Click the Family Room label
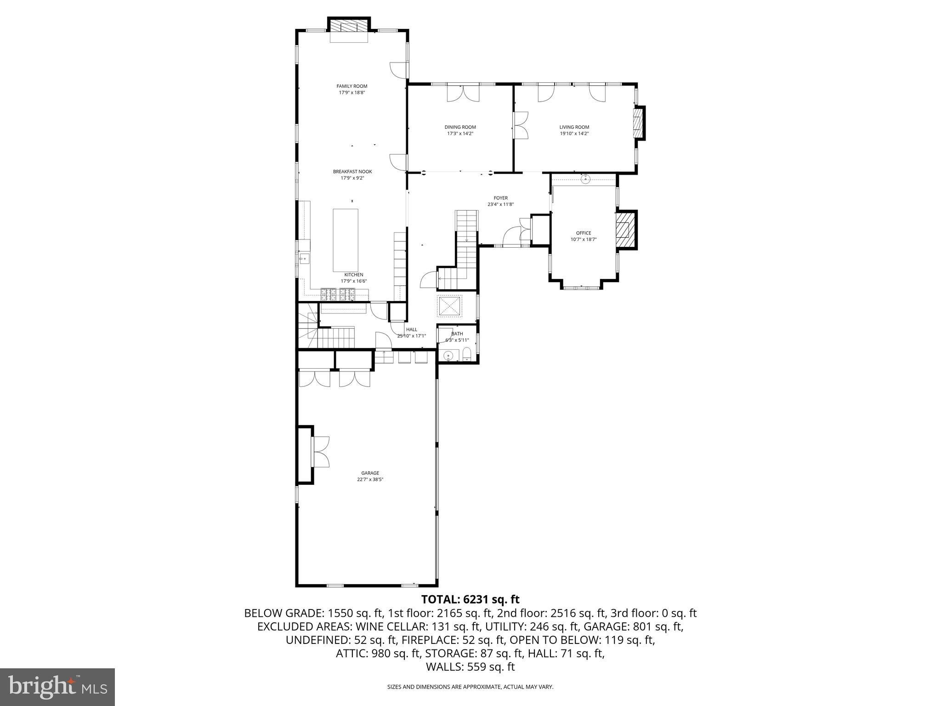351,86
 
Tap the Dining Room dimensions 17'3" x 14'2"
460,134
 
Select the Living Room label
574,127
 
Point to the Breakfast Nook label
352,171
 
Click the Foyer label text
500,198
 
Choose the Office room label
584,233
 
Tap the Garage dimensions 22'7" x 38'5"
370,479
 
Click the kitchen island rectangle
346,240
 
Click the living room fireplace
638,123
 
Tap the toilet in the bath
467,354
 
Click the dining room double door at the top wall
463,93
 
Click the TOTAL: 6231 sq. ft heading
470,599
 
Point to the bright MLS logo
57,687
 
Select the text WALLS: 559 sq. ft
470,667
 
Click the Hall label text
411,330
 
